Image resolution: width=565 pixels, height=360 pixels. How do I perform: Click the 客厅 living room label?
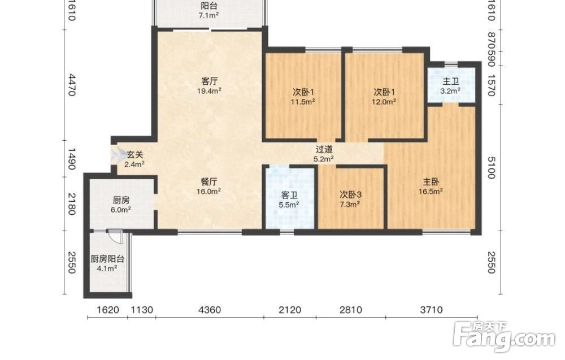pos(209,81)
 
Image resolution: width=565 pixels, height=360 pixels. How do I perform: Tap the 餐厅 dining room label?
pos(209,182)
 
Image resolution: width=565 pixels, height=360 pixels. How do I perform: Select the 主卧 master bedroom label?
pos(431,182)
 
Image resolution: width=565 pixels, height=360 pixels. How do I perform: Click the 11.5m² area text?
pos(303,102)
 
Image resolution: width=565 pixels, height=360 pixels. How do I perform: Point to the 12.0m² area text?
pos(384,102)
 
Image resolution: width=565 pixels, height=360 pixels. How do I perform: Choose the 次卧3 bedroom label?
pos(351,195)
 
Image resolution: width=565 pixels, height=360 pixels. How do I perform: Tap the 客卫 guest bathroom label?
pos(289,196)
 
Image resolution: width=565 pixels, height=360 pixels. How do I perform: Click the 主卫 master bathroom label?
pos(450,82)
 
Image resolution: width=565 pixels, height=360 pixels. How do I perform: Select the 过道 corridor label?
pos(324,149)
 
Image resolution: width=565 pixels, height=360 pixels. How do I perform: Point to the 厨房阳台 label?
pos(107,259)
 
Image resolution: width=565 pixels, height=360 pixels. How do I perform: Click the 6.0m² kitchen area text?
pos(121,210)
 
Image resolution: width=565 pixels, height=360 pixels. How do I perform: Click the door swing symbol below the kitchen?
pos(116,236)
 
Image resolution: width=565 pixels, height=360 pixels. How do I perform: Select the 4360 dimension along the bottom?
pos(210,310)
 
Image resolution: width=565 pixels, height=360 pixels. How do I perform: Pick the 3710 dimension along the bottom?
pos(431,310)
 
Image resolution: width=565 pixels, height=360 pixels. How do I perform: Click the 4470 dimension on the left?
pos(72,85)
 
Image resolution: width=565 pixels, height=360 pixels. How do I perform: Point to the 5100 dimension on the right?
pos(491,168)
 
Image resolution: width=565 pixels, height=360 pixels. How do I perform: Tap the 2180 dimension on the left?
pos(72,205)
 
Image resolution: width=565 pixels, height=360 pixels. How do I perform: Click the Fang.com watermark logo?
pos(505,336)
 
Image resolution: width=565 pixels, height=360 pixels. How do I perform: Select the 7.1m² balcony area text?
pos(209,15)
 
